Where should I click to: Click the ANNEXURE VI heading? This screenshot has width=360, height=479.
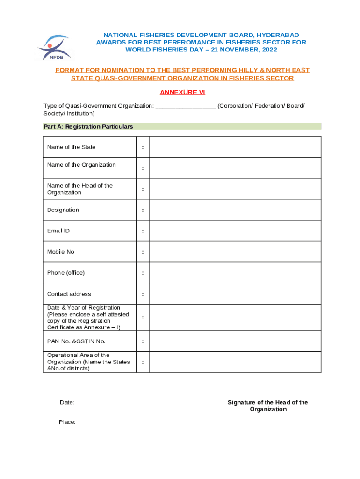pyautogui.click(x=182, y=92)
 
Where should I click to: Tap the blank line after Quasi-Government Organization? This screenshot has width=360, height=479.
pyautogui.click(x=185, y=106)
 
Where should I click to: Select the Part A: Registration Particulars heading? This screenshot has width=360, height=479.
pyautogui.click(x=88, y=127)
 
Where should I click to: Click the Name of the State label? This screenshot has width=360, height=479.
pyautogui.click(x=71, y=147)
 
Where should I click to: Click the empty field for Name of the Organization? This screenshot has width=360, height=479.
pyautogui.click(x=235, y=168)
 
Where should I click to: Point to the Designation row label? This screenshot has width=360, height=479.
pyautogui.click(x=63, y=210)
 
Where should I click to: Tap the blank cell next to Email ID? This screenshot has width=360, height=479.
pyautogui.click(x=235, y=231)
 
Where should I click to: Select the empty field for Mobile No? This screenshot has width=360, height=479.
pyautogui.click(x=235, y=252)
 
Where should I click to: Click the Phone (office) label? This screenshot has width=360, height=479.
pyautogui.click(x=66, y=273)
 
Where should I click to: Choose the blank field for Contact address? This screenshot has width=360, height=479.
pyautogui.click(x=235, y=294)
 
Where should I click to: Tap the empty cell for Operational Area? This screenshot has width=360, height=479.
pyautogui.click(x=235, y=362)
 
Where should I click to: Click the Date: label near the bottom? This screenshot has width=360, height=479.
pyautogui.click(x=67, y=403)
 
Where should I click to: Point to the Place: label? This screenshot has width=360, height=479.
pyautogui.click(x=67, y=422)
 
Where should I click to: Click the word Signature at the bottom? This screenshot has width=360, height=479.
pyautogui.click(x=241, y=403)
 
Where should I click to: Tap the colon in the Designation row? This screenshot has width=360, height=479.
pyautogui.click(x=143, y=210)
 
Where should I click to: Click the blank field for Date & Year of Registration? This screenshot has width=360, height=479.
pyautogui.click(x=235, y=318)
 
